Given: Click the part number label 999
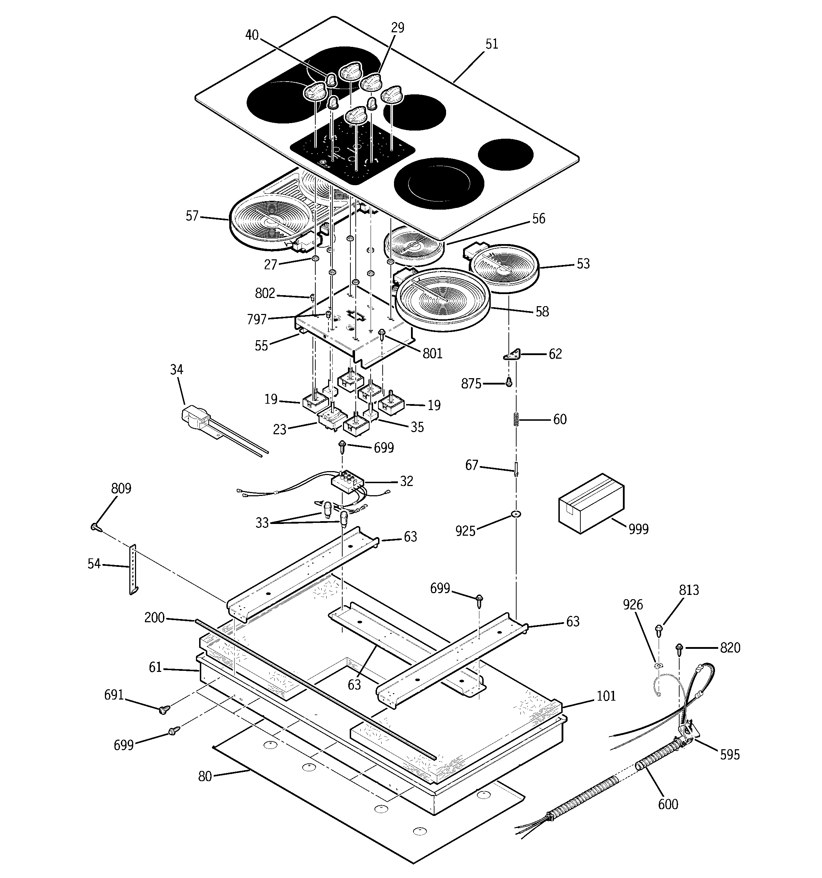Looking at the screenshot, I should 638,529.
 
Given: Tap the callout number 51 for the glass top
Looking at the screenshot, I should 491,44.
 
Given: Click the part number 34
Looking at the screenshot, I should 176,369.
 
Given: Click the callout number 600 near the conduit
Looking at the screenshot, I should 668,804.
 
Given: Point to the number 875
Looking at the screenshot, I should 471,384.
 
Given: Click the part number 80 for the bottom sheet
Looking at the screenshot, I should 205,776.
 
